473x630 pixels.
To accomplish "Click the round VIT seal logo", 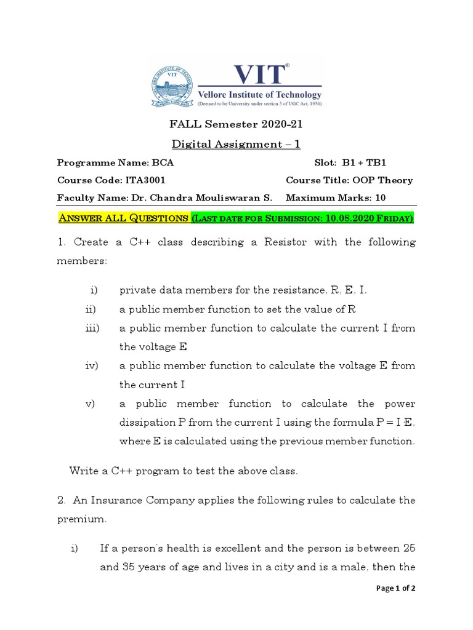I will pos(171,87).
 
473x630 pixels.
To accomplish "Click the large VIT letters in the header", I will pos(259,73).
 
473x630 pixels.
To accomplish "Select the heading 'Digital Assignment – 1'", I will pos(236,144).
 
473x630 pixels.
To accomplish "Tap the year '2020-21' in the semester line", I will pos(281,124).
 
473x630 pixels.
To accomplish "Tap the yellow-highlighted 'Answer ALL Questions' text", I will pos(123,218).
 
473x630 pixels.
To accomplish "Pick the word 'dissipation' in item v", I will pos(148,423).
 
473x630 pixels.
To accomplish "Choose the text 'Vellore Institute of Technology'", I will pos(259,95).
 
